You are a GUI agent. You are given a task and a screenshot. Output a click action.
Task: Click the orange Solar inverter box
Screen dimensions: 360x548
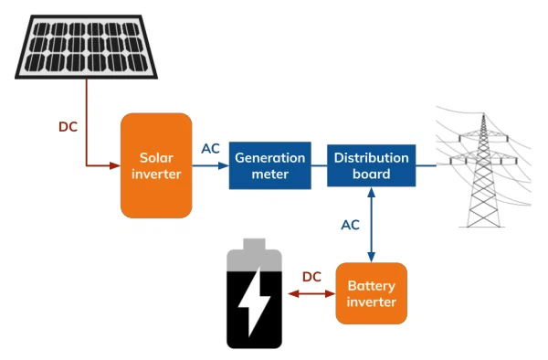pyautogui.click(x=156, y=165)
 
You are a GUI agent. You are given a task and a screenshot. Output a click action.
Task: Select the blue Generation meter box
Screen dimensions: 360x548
pyautogui.click(x=269, y=165)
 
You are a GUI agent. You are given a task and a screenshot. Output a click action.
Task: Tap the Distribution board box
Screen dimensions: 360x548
pyautogui.click(x=371, y=165)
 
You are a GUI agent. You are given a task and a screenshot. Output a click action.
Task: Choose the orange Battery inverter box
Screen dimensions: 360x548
pyautogui.click(x=371, y=293)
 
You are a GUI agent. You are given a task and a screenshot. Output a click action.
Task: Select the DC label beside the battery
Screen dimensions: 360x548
pyautogui.click(x=311, y=276)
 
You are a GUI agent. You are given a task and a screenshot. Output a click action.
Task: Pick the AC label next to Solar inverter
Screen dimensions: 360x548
pyautogui.click(x=210, y=149)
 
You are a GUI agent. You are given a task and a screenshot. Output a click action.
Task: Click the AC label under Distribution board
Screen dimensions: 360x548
pyautogui.click(x=350, y=224)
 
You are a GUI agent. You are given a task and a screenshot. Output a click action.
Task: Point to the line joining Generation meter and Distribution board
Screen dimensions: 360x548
pyautogui.click(x=319, y=166)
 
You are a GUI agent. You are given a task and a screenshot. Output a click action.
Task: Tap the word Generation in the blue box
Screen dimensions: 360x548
pyautogui.click(x=269, y=158)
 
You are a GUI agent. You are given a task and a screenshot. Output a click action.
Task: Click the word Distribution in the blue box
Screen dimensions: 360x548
pyautogui.click(x=371, y=158)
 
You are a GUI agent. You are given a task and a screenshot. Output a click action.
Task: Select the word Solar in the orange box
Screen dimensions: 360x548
pyautogui.click(x=156, y=157)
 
